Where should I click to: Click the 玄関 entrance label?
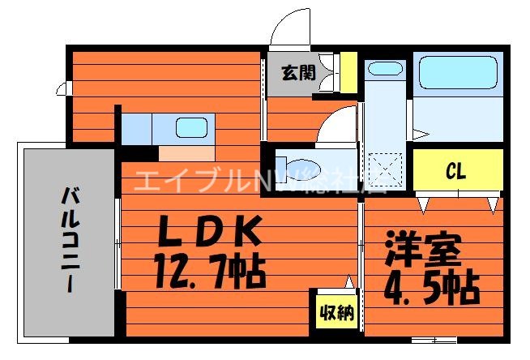[x=297, y=72]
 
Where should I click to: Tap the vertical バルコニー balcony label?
[x=69, y=239]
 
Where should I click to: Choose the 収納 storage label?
[x=335, y=312]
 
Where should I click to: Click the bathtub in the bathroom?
[x=455, y=72]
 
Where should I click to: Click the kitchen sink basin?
[x=191, y=128]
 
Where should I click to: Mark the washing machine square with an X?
[x=384, y=169]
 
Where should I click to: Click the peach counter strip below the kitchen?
[x=186, y=153]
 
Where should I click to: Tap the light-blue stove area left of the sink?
[x=138, y=128]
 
